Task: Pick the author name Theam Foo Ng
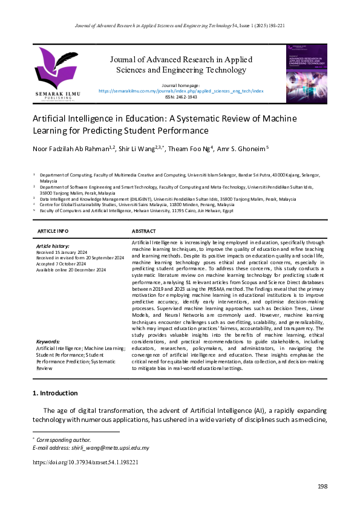(182, 148)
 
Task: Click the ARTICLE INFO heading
(53, 232)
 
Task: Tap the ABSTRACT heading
(145, 232)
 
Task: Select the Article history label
(53, 247)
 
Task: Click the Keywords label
(48, 341)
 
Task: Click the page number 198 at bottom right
(322, 487)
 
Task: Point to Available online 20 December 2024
(71, 270)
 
